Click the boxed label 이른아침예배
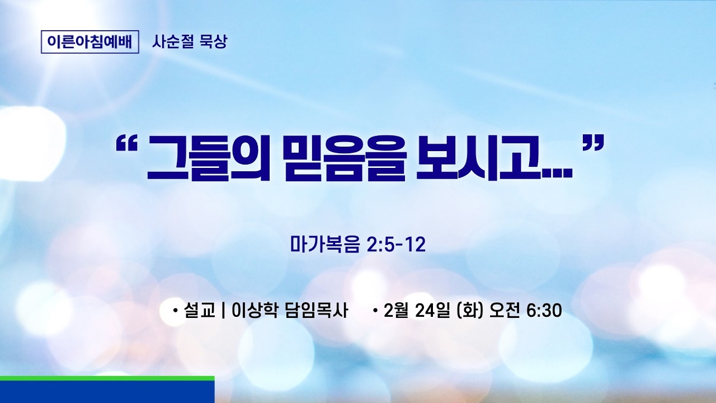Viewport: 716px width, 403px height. coord(90,42)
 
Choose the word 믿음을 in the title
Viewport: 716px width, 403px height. coord(341,161)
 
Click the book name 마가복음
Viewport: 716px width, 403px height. coord(325,245)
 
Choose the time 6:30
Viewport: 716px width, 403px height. coord(544,310)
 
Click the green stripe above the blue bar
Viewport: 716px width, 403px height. coord(107,378)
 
